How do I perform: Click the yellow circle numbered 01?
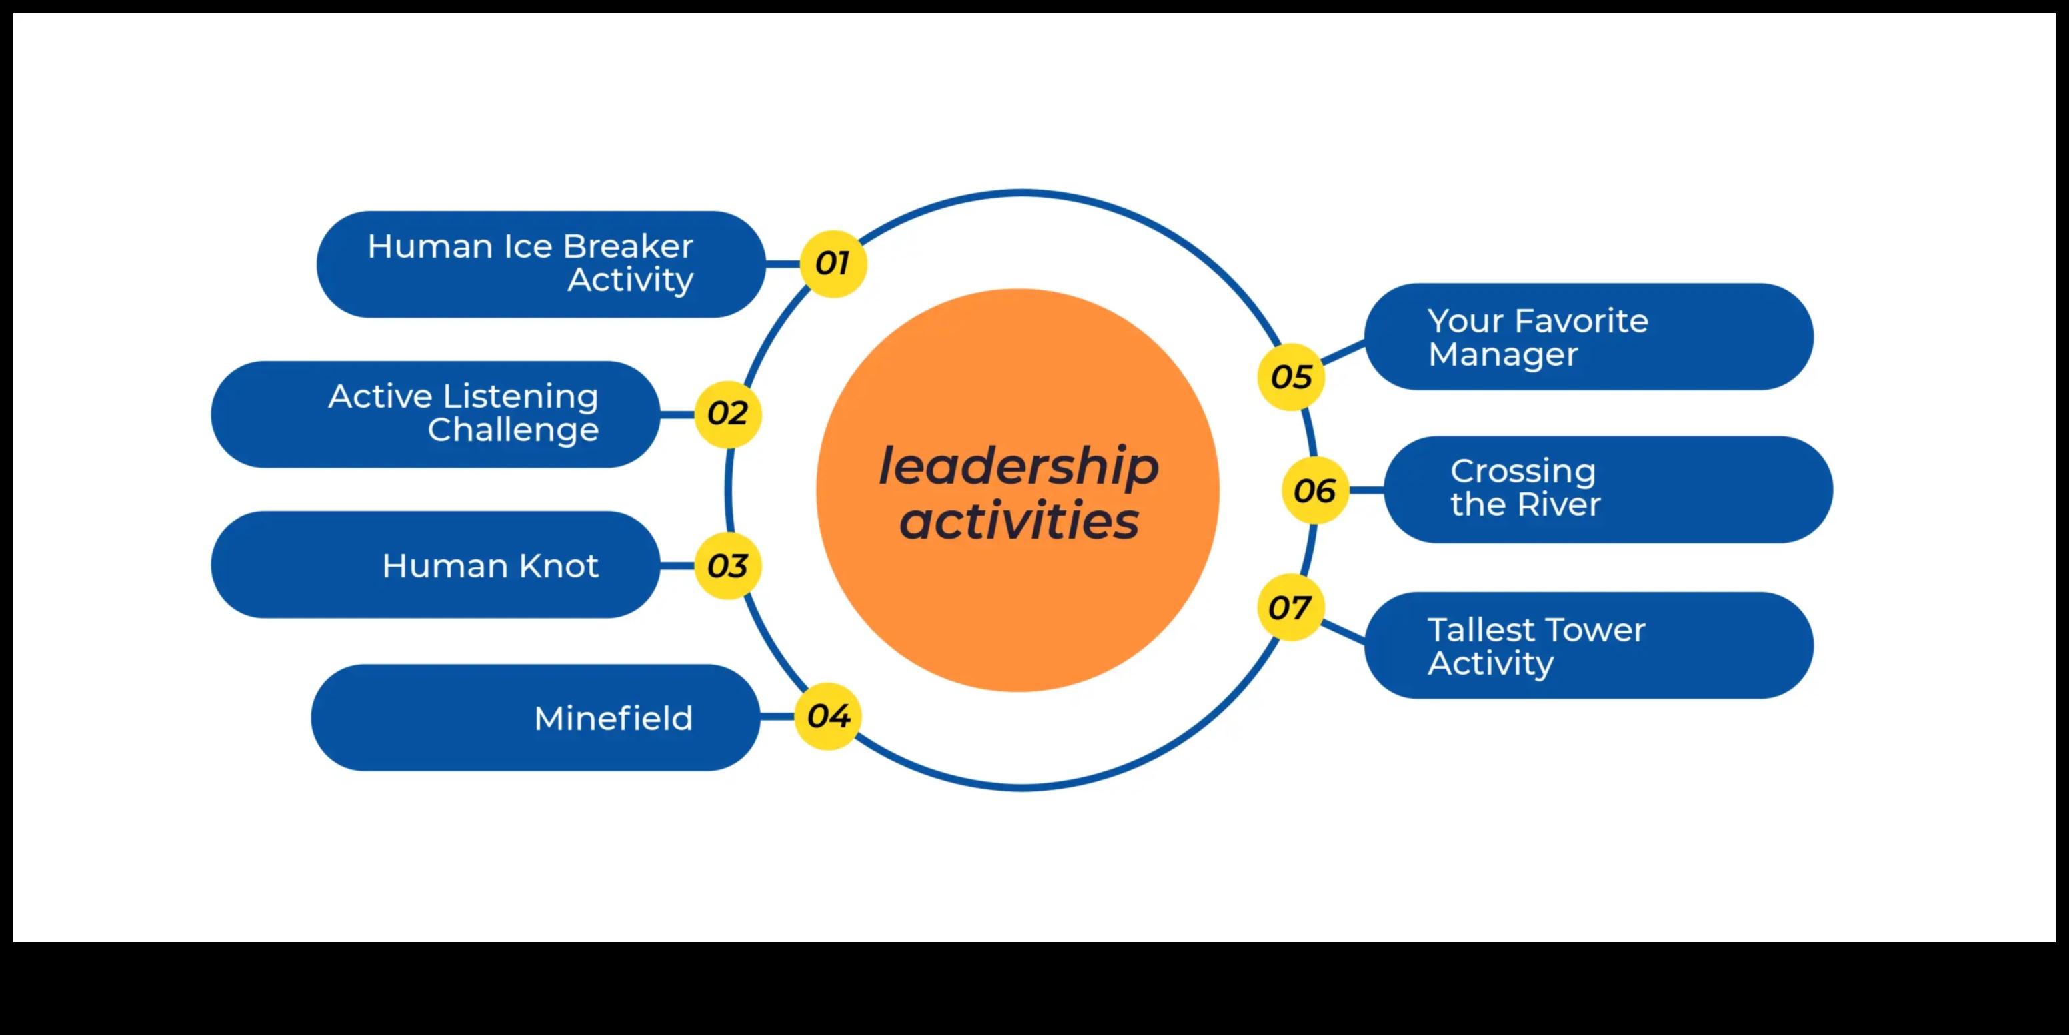click(833, 264)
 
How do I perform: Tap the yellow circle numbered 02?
click(727, 414)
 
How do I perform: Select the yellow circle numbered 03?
click(727, 566)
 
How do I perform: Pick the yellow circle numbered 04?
click(828, 716)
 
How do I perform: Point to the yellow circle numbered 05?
click(1291, 376)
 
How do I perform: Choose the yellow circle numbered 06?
click(1314, 490)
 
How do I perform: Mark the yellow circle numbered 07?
click(1289, 607)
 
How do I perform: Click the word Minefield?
click(613, 719)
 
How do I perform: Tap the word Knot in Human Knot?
click(558, 566)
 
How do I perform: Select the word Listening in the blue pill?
click(521, 396)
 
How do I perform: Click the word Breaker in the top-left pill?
click(627, 246)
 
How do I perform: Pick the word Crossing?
click(1523, 472)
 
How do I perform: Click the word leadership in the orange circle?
click(1018, 467)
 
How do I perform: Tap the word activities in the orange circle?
click(1018, 521)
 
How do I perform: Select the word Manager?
click(1503, 354)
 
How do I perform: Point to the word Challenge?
click(513, 430)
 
